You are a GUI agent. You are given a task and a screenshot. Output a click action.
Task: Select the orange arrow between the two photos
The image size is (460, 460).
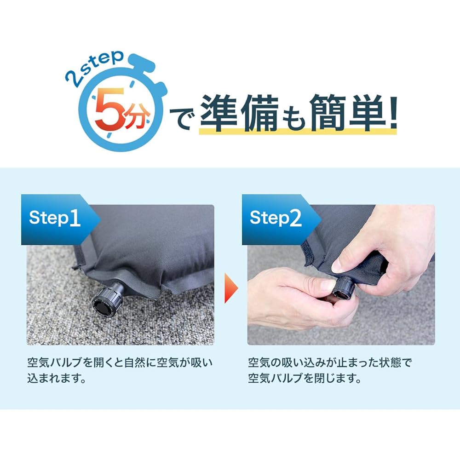pos(231,288)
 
